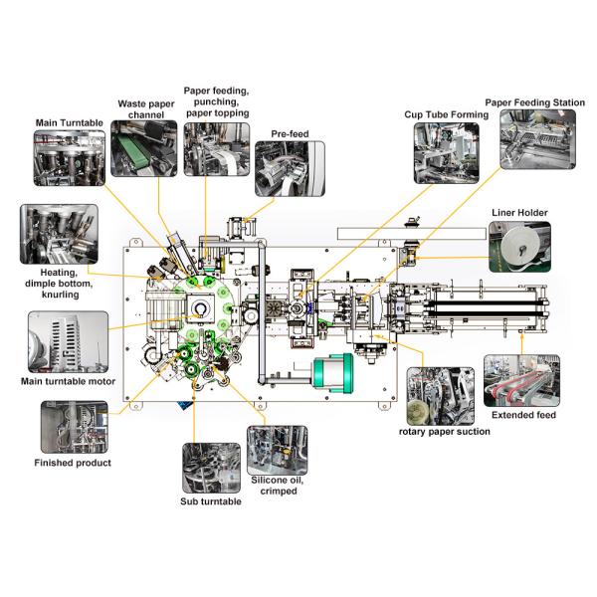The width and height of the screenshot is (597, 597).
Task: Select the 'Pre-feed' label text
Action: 288,133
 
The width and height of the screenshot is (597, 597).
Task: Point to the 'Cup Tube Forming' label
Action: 446,115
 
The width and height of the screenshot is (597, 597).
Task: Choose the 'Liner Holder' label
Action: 519,213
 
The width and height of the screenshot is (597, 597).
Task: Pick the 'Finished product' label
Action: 73,463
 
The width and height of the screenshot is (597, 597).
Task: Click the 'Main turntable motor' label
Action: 68,381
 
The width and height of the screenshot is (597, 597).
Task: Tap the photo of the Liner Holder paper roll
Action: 518,247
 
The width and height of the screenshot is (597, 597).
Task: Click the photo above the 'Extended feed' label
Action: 520,379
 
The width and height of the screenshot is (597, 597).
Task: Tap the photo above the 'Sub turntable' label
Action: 211,468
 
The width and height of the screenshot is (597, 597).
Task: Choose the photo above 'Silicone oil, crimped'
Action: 277,449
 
